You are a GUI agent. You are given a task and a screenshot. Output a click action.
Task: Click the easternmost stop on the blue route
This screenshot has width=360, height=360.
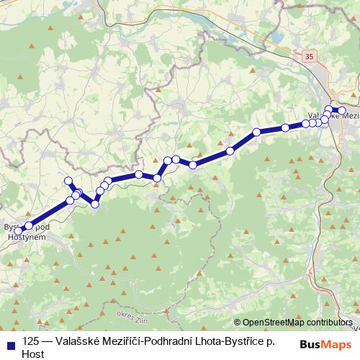343,111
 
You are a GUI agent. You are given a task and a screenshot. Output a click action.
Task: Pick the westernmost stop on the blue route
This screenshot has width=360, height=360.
19,230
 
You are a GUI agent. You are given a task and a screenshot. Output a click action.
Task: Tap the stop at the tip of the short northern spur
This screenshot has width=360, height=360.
68,181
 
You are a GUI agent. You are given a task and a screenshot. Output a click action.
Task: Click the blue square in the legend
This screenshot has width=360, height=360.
9,342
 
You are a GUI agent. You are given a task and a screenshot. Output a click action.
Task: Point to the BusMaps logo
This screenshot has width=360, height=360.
326,343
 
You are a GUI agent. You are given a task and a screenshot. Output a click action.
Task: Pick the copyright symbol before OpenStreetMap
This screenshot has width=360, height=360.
238,323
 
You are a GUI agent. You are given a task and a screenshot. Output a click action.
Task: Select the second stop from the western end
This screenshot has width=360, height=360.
29,226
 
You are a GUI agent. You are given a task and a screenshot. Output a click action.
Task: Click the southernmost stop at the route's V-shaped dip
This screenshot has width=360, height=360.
95,204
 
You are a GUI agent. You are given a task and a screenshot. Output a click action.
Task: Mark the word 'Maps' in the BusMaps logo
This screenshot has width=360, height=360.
338,343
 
